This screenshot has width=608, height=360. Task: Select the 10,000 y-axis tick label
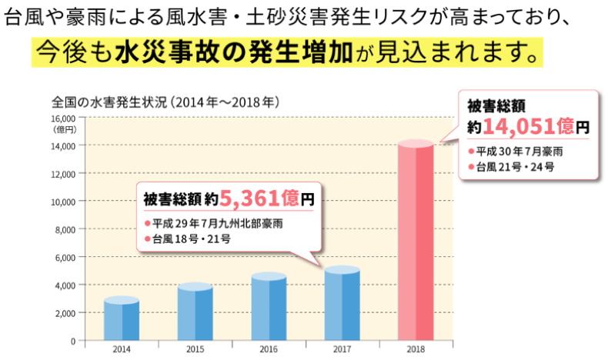point(62,202)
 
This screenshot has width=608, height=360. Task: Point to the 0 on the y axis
point(72,341)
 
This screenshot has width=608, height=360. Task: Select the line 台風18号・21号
point(191,239)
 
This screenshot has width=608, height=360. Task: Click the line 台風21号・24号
point(515,165)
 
